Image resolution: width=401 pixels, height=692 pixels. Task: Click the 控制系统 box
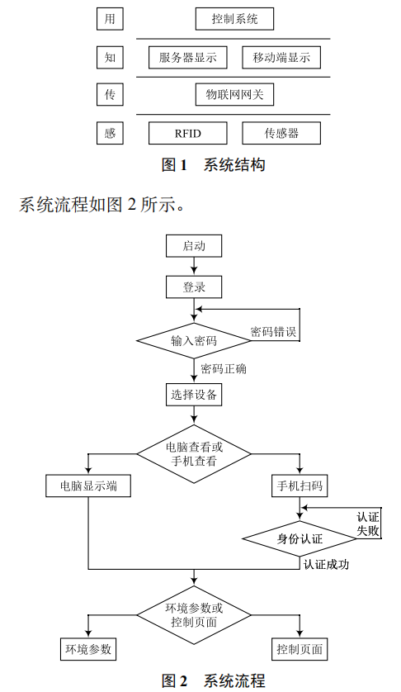tap(234, 17)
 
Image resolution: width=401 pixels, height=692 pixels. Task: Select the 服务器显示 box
tap(187, 57)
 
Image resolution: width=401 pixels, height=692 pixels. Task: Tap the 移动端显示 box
tap(281, 57)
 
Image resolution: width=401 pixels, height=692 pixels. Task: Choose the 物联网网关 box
tap(234, 95)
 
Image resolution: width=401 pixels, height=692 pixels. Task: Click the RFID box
tap(187, 133)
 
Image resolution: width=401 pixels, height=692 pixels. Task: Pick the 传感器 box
tap(281, 133)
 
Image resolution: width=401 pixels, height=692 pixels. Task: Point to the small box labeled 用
tap(110, 17)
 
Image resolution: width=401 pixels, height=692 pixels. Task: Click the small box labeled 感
tap(110, 133)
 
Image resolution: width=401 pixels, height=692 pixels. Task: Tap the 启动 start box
tap(194, 245)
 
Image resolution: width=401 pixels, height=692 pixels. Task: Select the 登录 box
tap(194, 287)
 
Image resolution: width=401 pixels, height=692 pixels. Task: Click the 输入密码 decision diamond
tap(194, 340)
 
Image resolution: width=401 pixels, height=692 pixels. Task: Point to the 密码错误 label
tap(273, 332)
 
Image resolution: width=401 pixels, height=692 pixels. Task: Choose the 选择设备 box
tap(194, 395)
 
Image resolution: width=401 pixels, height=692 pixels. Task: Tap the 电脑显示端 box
tap(88, 486)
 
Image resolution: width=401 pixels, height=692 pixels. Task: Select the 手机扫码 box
tap(300, 486)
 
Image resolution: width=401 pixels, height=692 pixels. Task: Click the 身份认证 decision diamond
tap(300, 538)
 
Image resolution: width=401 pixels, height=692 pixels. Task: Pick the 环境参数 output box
tap(88, 649)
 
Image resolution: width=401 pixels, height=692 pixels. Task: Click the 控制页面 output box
tap(300, 649)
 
